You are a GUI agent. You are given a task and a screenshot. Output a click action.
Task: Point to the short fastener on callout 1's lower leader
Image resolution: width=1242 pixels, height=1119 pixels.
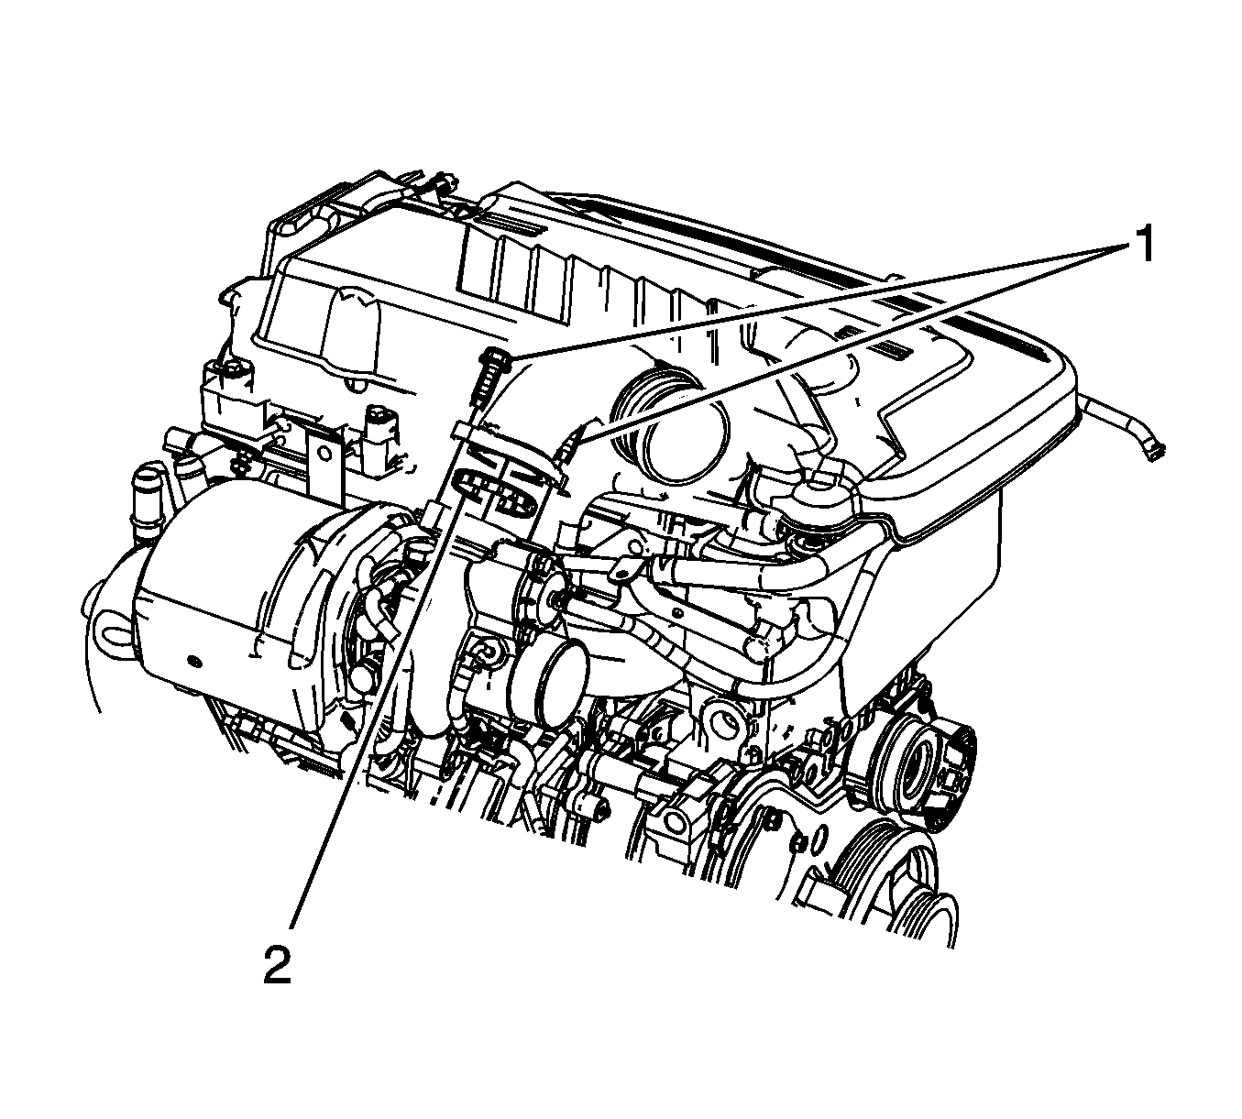coord(568,448)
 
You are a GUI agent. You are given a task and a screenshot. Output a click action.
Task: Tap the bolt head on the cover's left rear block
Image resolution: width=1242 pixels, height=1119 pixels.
coord(233,370)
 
